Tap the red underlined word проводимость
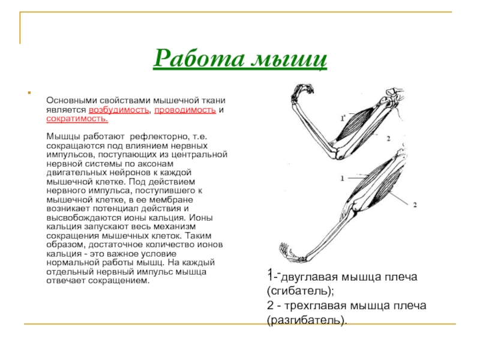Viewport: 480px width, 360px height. point(184,112)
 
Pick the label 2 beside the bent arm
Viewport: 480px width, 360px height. point(388,138)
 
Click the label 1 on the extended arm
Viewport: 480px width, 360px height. point(342,178)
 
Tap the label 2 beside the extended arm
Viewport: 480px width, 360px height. point(414,205)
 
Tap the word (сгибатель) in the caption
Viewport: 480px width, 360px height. point(299,292)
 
